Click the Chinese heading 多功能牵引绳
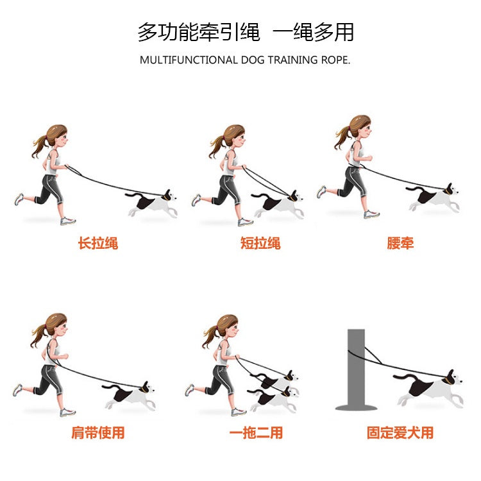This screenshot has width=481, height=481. (198, 31)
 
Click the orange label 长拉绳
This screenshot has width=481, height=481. (98, 243)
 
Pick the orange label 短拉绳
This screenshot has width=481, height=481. (260, 243)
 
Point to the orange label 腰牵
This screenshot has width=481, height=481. (400, 243)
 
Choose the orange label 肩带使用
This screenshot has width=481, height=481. (98, 433)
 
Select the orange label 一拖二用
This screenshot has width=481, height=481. (256, 433)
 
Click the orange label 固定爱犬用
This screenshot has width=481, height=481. (400, 433)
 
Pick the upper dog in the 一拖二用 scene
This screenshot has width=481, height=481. (280, 382)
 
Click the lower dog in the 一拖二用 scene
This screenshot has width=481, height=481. (274, 399)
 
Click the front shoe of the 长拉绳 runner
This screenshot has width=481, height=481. (68, 221)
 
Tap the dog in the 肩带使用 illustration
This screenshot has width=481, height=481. (130, 395)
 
